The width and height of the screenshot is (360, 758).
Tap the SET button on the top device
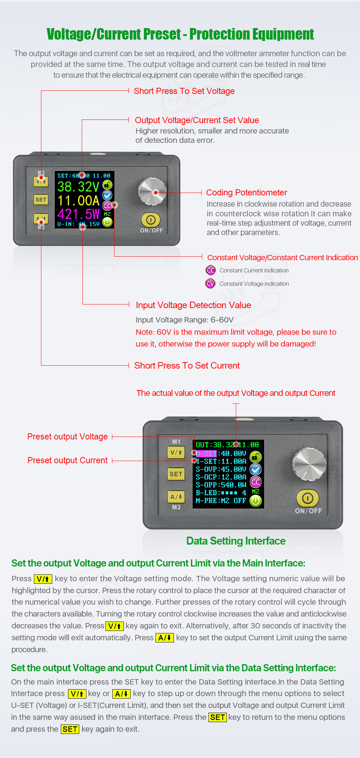pyautogui.click(x=41, y=200)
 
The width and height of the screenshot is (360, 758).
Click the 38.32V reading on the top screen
pyautogui.click(x=78, y=187)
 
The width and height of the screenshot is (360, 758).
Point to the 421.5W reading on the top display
pyautogui.click(x=78, y=214)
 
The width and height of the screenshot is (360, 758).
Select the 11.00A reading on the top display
pyautogui.click(x=78, y=200)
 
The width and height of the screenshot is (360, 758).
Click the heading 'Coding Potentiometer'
pyautogui.click(x=246, y=193)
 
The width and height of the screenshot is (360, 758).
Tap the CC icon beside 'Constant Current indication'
pyautogui.click(x=211, y=270)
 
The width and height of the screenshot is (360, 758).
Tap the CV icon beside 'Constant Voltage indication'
pyautogui.click(x=211, y=284)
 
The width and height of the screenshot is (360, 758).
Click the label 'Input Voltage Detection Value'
pyautogui.click(x=193, y=305)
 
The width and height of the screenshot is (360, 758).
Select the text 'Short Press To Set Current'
pyautogui.click(x=187, y=366)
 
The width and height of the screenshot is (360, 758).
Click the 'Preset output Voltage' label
pyautogui.click(x=67, y=437)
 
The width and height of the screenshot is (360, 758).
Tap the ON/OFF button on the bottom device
pyautogui.click(x=307, y=498)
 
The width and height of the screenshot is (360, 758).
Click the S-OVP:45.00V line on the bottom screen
pyautogui.click(x=221, y=469)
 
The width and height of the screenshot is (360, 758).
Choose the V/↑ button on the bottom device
pyautogui.click(x=176, y=453)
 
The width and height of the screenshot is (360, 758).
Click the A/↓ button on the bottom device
pyautogui.click(x=176, y=497)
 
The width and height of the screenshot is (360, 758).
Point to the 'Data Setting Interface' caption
pyautogui.click(x=236, y=541)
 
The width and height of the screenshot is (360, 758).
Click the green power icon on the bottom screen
pyautogui.click(x=256, y=501)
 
